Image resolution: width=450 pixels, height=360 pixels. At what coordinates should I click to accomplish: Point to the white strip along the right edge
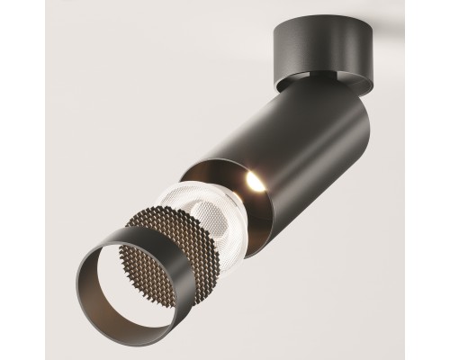(446, 180)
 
